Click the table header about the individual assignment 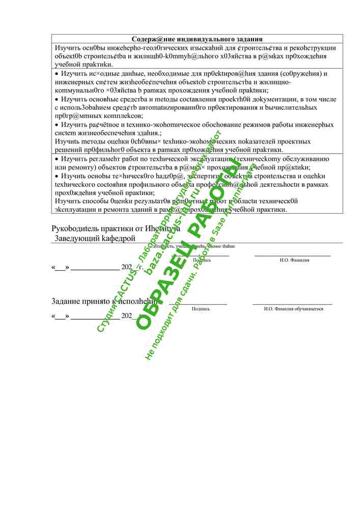[x=197, y=39]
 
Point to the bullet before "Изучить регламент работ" [x=57, y=159]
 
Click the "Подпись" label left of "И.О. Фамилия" [x=202, y=260]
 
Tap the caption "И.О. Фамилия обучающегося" [x=293, y=309]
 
